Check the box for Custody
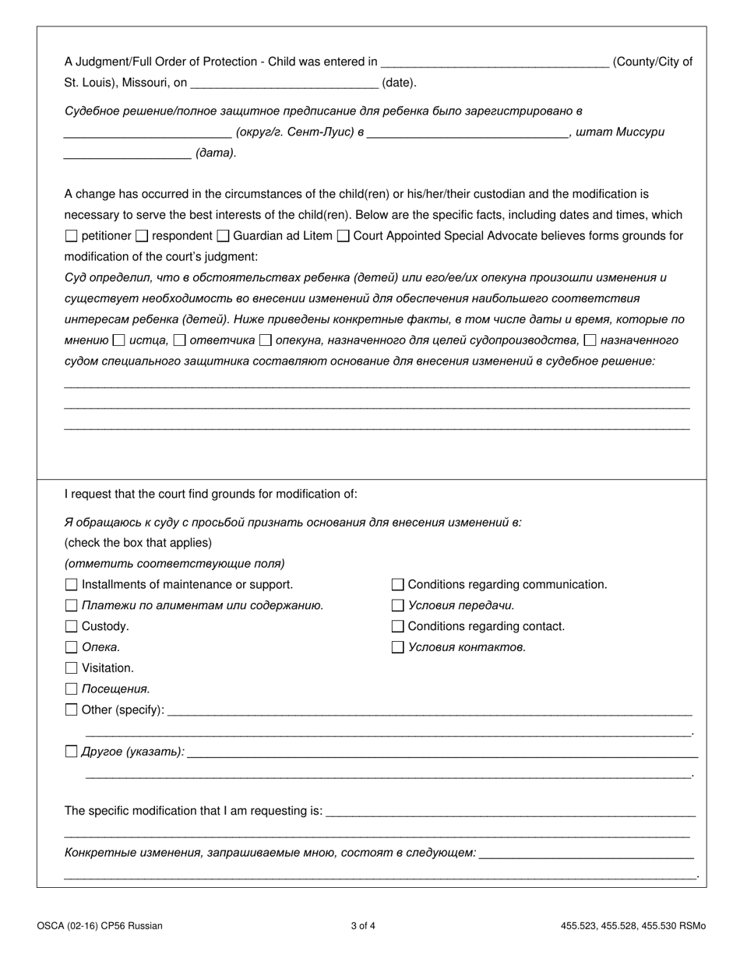tap(72, 626)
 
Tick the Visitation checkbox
tap(72, 668)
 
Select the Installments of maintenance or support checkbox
tap(72, 584)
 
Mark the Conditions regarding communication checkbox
tap(398, 584)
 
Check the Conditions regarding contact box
tap(398, 626)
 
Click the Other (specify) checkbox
tap(72, 710)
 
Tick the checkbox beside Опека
tap(72, 647)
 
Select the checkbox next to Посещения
tap(72, 689)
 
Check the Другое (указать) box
tap(72, 752)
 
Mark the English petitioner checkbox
tap(72, 236)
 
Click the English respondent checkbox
tap(142, 236)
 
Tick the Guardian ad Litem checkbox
tap(223, 236)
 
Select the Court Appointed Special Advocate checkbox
tap(343, 236)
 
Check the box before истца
tap(118, 340)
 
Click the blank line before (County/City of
tap(495, 62)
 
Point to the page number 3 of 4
tap(363, 926)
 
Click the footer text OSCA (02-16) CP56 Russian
tap(100, 926)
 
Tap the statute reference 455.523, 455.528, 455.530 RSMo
tap(633, 926)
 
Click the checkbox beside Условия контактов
tap(398, 647)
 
